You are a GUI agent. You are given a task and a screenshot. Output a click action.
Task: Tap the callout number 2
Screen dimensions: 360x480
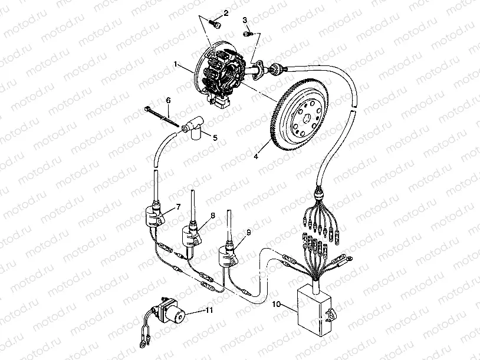coord(225,13)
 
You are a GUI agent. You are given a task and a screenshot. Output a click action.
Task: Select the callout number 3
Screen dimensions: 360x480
coord(245,21)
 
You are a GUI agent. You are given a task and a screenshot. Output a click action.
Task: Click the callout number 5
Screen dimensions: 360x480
coord(215,137)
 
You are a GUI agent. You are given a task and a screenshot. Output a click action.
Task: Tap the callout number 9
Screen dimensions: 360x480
coord(249,233)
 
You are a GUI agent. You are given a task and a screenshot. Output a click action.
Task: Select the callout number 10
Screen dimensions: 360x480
coord(277,305)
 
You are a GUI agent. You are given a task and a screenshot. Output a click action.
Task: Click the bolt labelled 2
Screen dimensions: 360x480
coord(215,25)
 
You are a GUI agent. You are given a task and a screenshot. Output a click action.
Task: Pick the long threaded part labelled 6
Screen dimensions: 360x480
coord(160,115)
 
